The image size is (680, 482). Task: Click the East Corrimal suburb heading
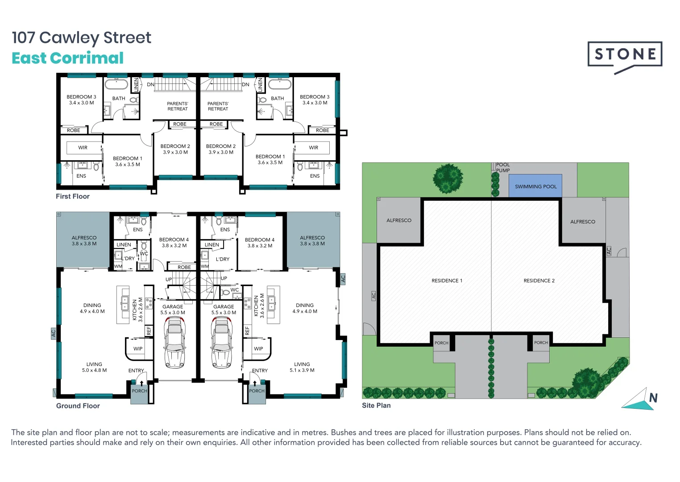click(x=67, y=58)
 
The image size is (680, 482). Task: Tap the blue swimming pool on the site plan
click(x=535, y=186)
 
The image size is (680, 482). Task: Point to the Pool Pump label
click(x=503, y=167)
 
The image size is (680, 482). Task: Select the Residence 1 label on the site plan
click(x=447, y=281)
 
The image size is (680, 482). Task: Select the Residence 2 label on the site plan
click(x=539, y=281)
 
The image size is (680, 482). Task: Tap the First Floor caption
click(x=72, y=196)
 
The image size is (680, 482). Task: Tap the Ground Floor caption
click(x=78, y=406)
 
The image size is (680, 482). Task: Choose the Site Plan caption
click(x=376, y=405)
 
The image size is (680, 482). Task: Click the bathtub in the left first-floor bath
click(x=116, y=84)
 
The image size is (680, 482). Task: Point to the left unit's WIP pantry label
click(x=138, y=349)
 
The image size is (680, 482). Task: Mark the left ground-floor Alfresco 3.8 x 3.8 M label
click(x=84, y=241)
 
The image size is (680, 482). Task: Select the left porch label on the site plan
click(x=441, y=343)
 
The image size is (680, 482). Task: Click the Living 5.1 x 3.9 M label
click(x=302, y=367)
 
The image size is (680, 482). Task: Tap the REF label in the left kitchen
click(x=149, y=331)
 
